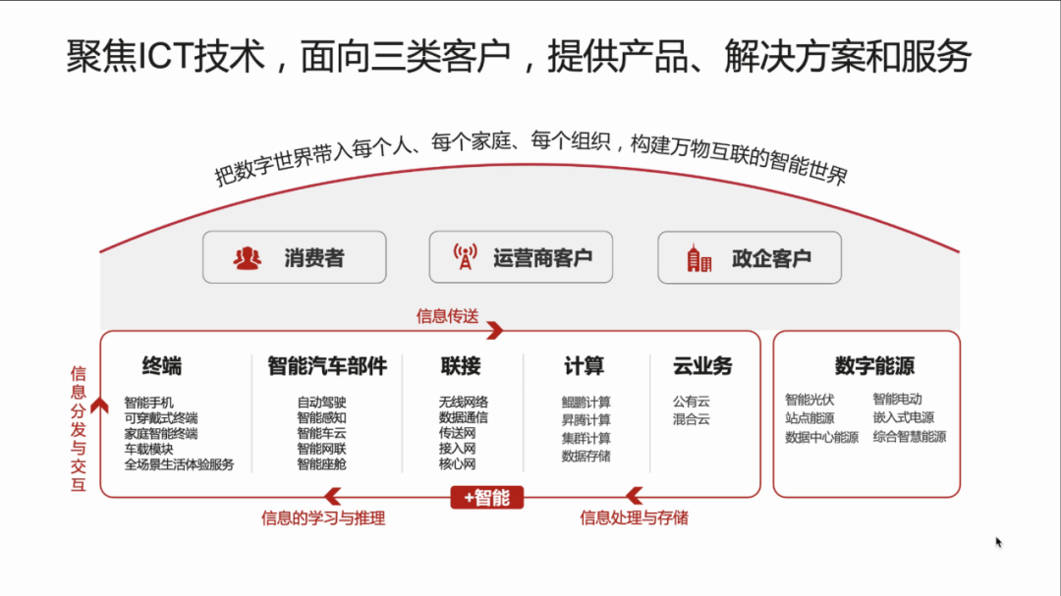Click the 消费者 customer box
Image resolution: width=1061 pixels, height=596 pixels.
295,257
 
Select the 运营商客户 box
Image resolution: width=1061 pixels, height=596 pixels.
521,257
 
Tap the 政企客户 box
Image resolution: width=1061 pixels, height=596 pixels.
750,258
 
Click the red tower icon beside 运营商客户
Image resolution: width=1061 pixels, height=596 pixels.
465,257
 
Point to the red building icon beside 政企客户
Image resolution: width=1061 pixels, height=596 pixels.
699,258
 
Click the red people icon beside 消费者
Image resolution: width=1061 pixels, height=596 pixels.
247,258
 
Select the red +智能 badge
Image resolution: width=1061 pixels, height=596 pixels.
487,498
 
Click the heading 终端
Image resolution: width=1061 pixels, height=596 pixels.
162,366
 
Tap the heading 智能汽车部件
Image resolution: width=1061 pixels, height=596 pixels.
327,366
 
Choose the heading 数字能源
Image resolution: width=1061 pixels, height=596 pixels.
874,366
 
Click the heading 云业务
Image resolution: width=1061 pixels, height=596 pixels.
702,366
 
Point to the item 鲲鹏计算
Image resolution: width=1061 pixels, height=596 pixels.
586,403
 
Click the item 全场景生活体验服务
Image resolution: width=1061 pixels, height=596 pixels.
180,464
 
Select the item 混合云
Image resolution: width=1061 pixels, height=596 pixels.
692,419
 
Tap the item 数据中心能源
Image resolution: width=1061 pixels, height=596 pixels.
821,438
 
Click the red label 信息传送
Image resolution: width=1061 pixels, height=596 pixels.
447,316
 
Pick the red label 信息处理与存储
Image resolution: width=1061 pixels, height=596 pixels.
634,518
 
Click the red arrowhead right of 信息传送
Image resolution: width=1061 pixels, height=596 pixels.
495,330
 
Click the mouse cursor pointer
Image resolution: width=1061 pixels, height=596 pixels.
999,543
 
